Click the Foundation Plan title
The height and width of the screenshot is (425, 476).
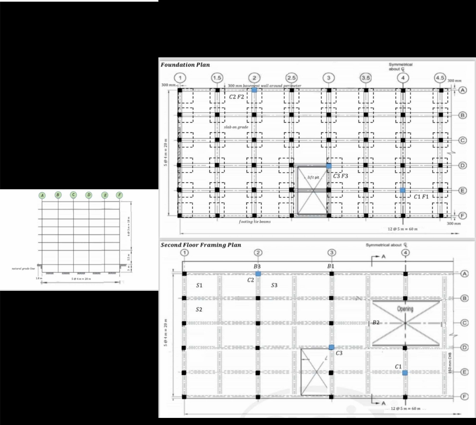click(185, 65)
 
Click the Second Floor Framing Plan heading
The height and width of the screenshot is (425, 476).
click(201, 245)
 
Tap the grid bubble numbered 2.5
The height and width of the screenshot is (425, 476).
click(292, 78)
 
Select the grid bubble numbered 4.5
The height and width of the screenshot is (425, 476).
click(440, 78)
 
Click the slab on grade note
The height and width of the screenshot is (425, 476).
click(236, 127)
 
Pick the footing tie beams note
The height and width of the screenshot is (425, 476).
click(255, 222)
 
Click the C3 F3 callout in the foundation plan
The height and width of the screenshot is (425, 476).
click(340, 176)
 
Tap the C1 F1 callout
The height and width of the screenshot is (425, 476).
click(421, 196)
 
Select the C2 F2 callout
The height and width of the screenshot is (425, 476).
click(236, 96)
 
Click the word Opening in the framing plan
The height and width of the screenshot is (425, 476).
click(405, 309)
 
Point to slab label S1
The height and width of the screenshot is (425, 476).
click(199, 285)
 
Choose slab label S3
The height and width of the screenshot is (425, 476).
click(274, 285)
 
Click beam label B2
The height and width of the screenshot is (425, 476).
click(376, 323)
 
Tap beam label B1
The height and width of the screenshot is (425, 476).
click(331, 266)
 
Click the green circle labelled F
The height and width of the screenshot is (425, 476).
click(119, 195)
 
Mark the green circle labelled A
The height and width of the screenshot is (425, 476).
click(42, 195)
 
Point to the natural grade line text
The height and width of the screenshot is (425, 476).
click(23, 268)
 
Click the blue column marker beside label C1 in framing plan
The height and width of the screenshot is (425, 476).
click(405, 373)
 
